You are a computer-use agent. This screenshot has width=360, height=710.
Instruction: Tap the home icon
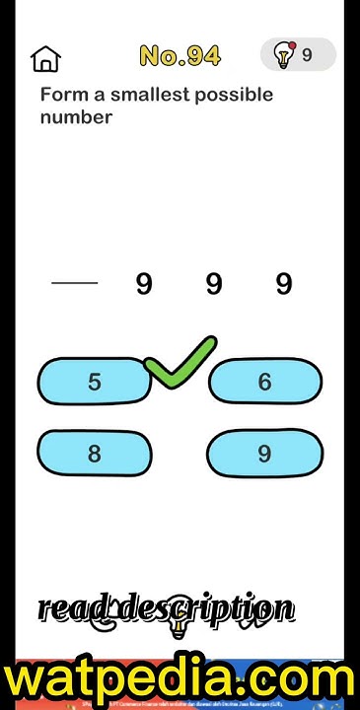(x=45, y=58)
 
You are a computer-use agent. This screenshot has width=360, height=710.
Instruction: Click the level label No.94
(x=180, y=56)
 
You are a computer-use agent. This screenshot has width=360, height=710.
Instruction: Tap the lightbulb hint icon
(x=284, y=55)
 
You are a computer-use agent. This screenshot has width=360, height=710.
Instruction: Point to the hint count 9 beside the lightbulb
(x=307, y=56)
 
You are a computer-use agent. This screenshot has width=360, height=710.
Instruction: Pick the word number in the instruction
(x=76, y=117)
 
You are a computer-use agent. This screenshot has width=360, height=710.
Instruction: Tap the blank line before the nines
(x=75, y=284)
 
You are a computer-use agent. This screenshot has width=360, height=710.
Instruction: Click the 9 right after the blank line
(x=144, y=285)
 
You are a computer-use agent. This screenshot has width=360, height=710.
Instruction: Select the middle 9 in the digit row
(x=214, y=285)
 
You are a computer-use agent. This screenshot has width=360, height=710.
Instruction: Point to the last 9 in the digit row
(x=284, y=285)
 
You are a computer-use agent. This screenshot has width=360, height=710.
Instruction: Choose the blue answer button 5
(x=94, y=382)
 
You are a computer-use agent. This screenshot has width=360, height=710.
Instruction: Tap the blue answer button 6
(x=264, y=382)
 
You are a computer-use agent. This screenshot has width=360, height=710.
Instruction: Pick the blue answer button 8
(x=94, y=454)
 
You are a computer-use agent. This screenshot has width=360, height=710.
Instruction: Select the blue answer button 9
(x=264, y=454)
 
